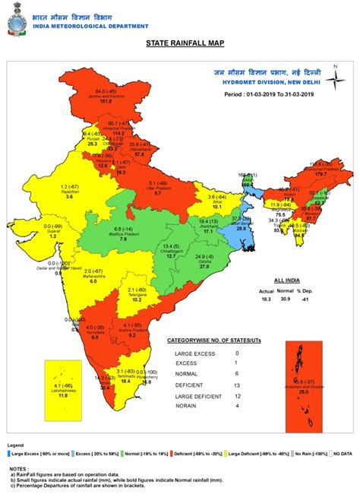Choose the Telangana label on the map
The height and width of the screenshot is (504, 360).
[137, 295]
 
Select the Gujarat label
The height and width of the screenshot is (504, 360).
[52, 231]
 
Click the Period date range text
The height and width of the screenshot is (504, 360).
[270, 96]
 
